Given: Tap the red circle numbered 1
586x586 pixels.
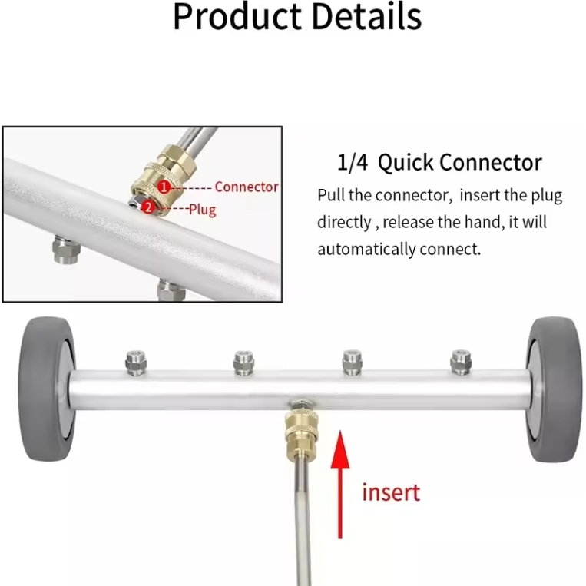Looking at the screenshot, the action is [163, 187].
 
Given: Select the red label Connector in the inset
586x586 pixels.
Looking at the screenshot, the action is [247, 187].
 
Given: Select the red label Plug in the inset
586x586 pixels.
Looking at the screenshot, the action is [202, 209].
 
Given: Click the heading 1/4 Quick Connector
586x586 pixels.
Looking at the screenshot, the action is [439, 163].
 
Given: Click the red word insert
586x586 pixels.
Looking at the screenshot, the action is [391, 492].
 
